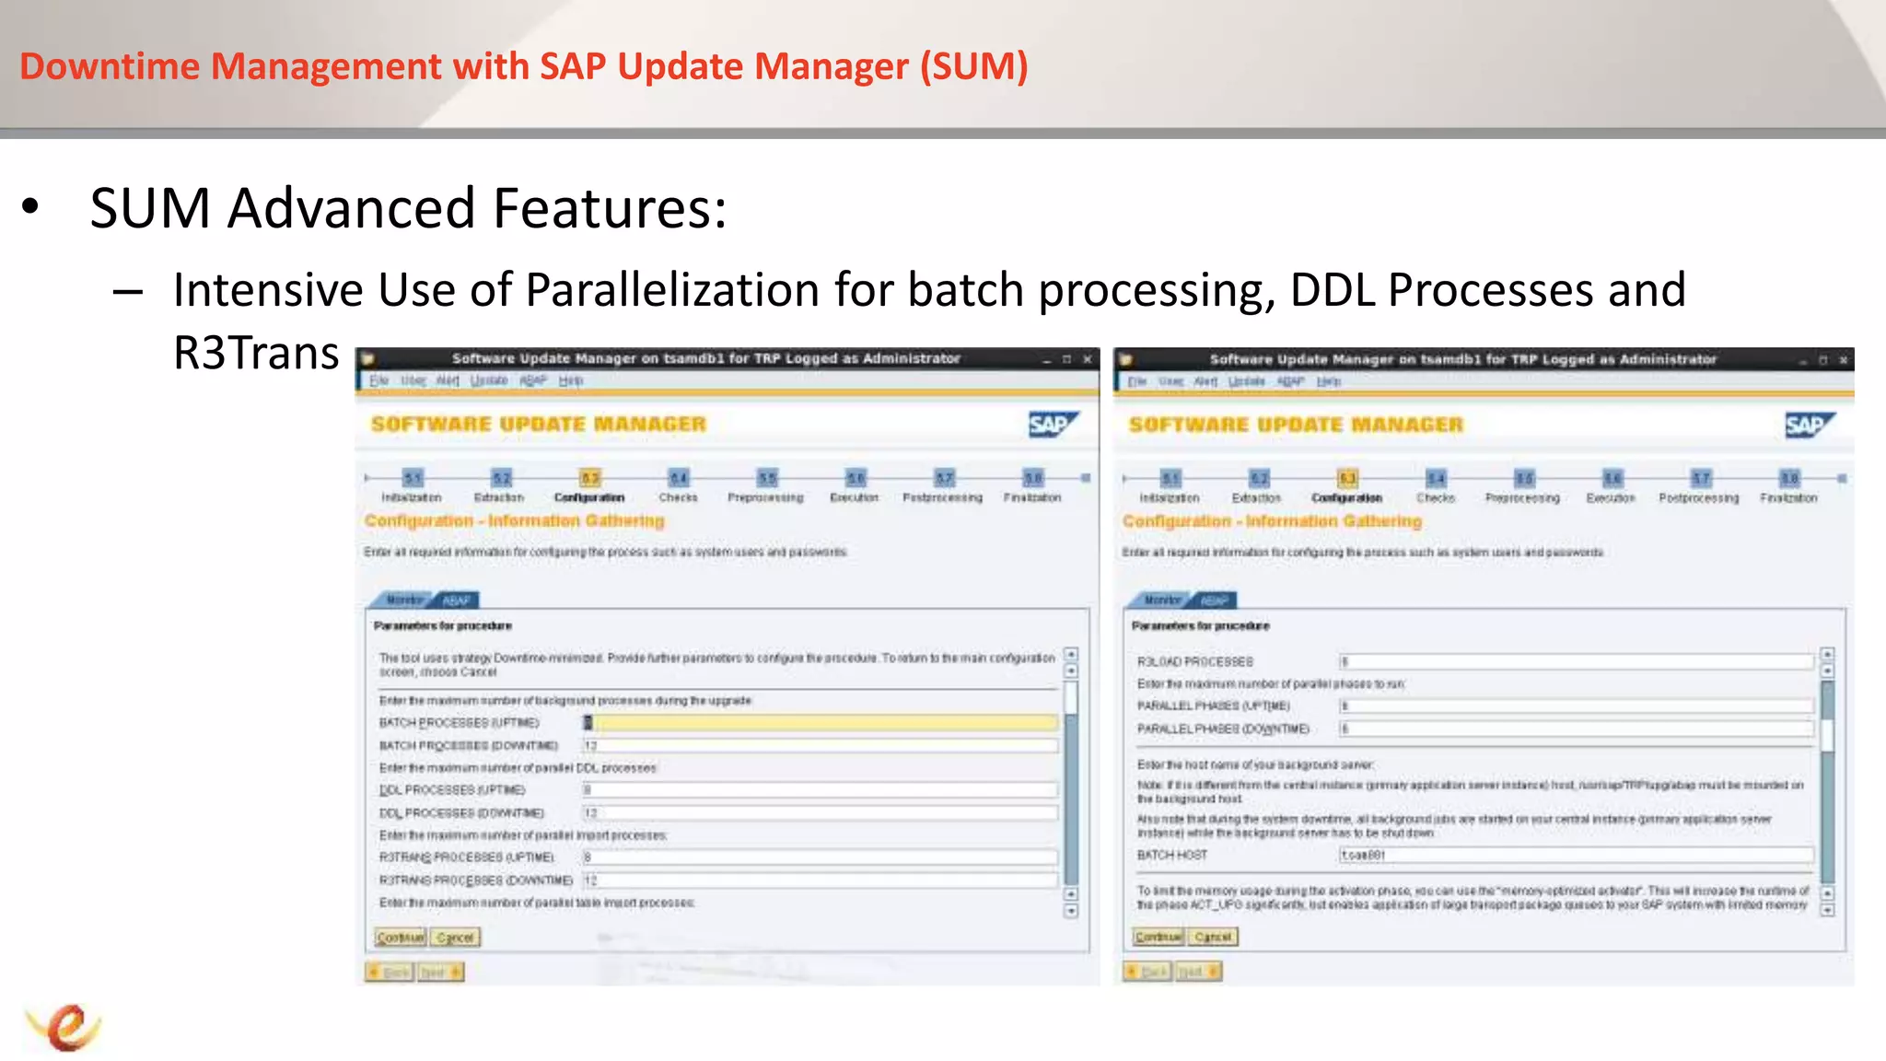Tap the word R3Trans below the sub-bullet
(256, 353)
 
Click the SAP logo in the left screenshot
(1052, 424)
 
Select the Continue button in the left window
(401, 938)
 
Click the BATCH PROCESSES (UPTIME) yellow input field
(820, 723)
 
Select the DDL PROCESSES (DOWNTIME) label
(461, 813)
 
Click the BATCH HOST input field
(1575, 856)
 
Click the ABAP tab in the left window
(457, 600)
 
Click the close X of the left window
(1088, 359)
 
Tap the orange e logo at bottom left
(64, 1027)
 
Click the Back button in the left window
(390, 973)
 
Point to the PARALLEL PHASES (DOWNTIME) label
(1223, 729)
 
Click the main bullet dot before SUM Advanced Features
(31, 208)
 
